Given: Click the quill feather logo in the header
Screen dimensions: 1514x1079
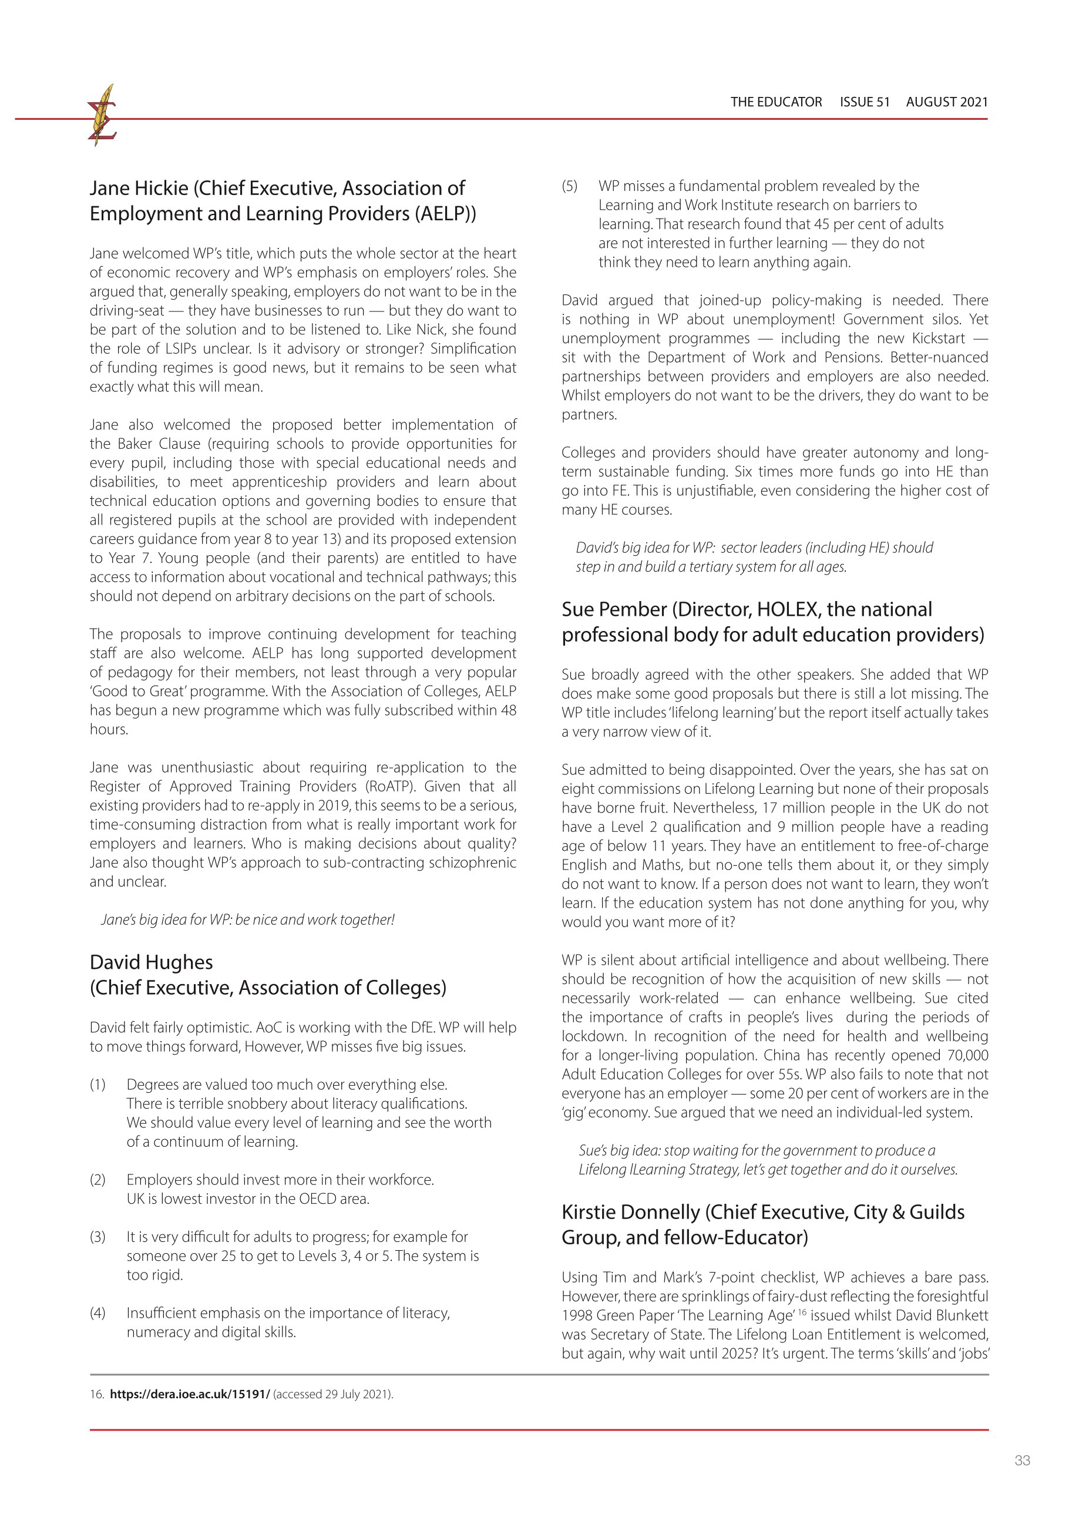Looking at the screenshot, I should point(102,115).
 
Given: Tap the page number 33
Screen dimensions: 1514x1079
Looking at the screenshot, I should point(1022,1460).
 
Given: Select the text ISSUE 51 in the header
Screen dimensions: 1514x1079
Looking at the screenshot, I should point(865,102).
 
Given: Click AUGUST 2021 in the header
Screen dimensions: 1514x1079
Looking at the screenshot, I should point(946,102).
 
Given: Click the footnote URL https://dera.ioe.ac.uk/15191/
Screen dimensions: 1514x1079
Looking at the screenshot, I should point(189,1394).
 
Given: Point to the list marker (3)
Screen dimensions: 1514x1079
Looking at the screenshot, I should point(98,1237).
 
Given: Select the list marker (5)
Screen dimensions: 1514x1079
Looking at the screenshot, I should point(569,186).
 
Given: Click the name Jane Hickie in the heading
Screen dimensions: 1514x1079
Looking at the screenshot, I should point(139,189).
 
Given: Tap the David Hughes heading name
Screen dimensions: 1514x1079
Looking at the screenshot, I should point(152,962).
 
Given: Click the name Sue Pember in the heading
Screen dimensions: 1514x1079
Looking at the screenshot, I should point(614,609).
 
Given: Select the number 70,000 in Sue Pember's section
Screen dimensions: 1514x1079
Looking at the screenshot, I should point(967,1055).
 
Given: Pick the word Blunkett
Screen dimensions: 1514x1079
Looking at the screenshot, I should point(961,1316).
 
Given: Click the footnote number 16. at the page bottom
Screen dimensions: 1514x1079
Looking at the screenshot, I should point(97,1394).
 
